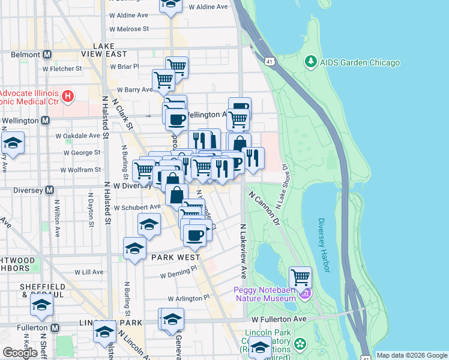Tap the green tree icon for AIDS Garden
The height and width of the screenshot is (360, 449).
310,62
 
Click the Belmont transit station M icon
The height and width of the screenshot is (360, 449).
46,55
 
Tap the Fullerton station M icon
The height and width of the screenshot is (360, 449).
55,328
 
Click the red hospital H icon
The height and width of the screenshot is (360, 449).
68,95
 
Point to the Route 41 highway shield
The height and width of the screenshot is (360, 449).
270,61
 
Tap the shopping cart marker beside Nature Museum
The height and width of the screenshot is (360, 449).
300,278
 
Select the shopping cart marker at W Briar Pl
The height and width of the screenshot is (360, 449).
176,66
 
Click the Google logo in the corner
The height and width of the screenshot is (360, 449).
20,353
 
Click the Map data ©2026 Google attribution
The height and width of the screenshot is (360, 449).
412,355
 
